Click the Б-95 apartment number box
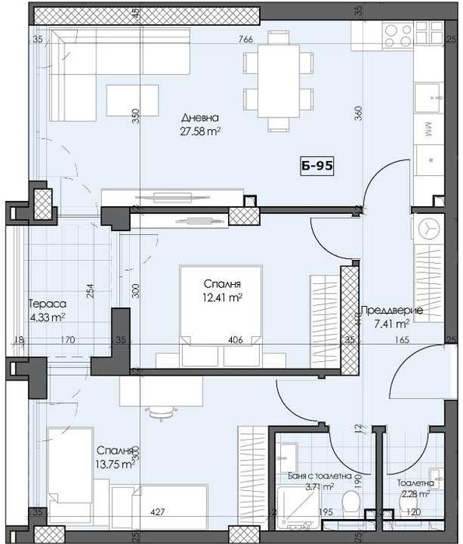317,166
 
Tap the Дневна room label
201,118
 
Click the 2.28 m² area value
414,493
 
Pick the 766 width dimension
247,40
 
